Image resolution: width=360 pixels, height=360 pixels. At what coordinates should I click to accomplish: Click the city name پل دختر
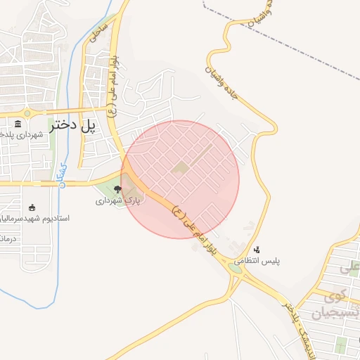(x=72, y=127)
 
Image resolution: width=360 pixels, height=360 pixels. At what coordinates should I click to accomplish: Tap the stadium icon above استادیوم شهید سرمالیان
(x=32, y=207)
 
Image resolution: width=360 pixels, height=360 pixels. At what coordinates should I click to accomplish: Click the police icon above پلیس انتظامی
(x=257, y=249)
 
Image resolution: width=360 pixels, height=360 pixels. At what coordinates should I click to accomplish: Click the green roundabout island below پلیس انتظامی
(x=236, y=268)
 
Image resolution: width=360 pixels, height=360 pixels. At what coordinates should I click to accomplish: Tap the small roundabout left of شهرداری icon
(x=27, y=113)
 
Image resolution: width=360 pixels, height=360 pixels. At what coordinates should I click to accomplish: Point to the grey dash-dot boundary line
(x=281, y=42)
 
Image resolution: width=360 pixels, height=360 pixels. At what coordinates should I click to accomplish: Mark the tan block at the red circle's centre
(x=180, y=169)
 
